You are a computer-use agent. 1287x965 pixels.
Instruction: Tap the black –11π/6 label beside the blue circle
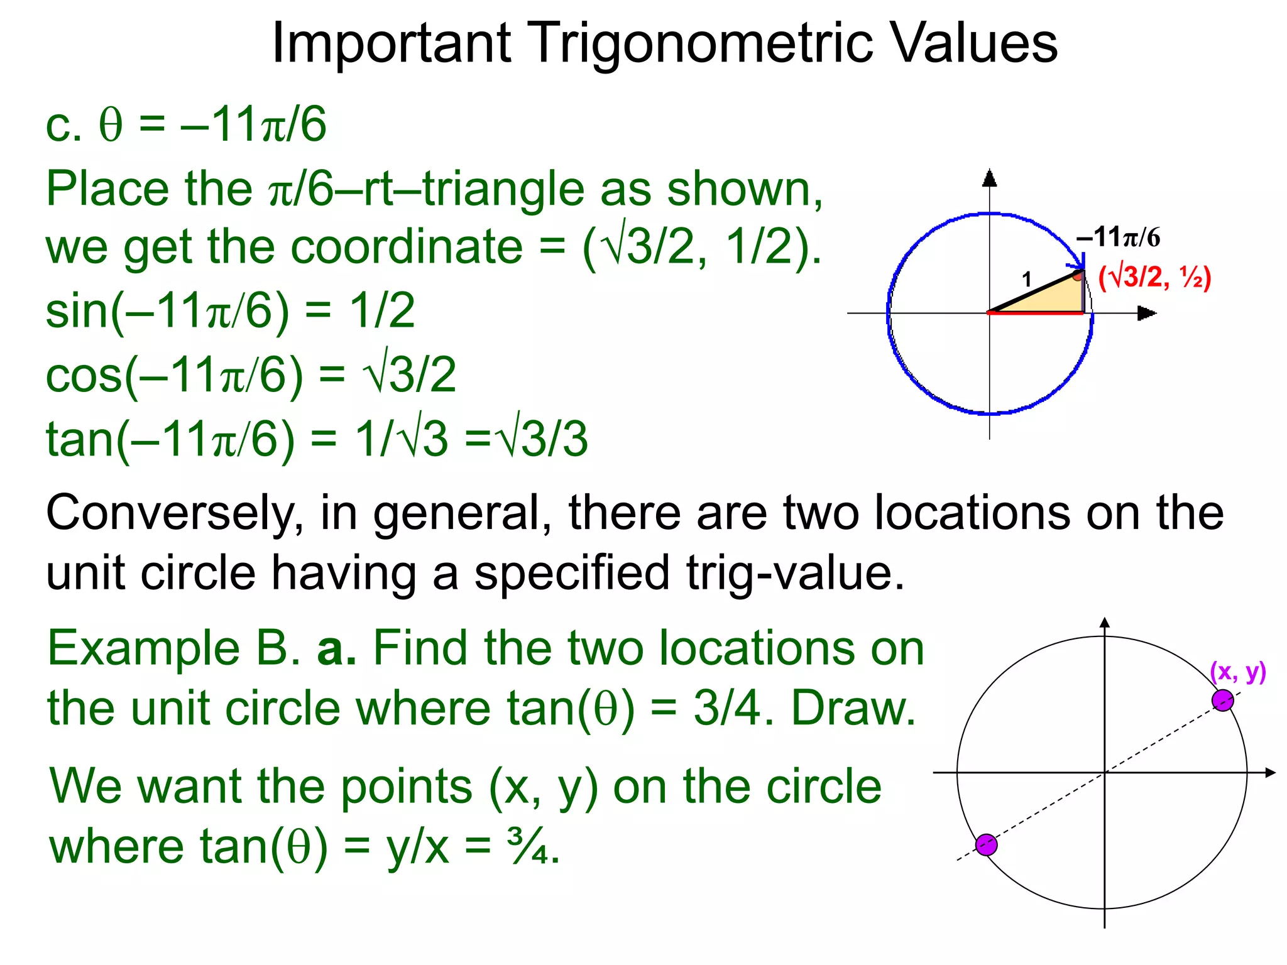click(x=1118, y=237)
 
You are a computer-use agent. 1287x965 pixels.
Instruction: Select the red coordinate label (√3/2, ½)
click(x=1154, y=277)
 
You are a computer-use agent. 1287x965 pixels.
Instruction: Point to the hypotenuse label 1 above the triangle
click(x=1027, y=279)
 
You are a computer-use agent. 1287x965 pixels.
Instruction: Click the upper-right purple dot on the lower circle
click(x=1222, y=700)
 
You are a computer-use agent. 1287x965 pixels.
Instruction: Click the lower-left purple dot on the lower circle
click(x=987, y=845)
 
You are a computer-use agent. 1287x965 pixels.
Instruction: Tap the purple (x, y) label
click(x=1237, y=672)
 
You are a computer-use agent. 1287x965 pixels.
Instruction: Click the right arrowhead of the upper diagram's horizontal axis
click(x=1147, y=313)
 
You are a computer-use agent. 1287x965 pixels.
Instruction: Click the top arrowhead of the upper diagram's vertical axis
click(x=990, y=178)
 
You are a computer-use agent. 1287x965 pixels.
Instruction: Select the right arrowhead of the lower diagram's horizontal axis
click(x=1270, y=772)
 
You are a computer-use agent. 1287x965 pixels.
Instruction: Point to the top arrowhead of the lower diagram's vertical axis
click(x=1105, y=623)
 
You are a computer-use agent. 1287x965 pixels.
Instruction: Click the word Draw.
click(x=853, y=709)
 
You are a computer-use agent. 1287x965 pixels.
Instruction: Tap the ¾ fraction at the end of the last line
click(x=532, y=847)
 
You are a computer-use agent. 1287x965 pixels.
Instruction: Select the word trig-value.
click(x=795, y=574)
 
